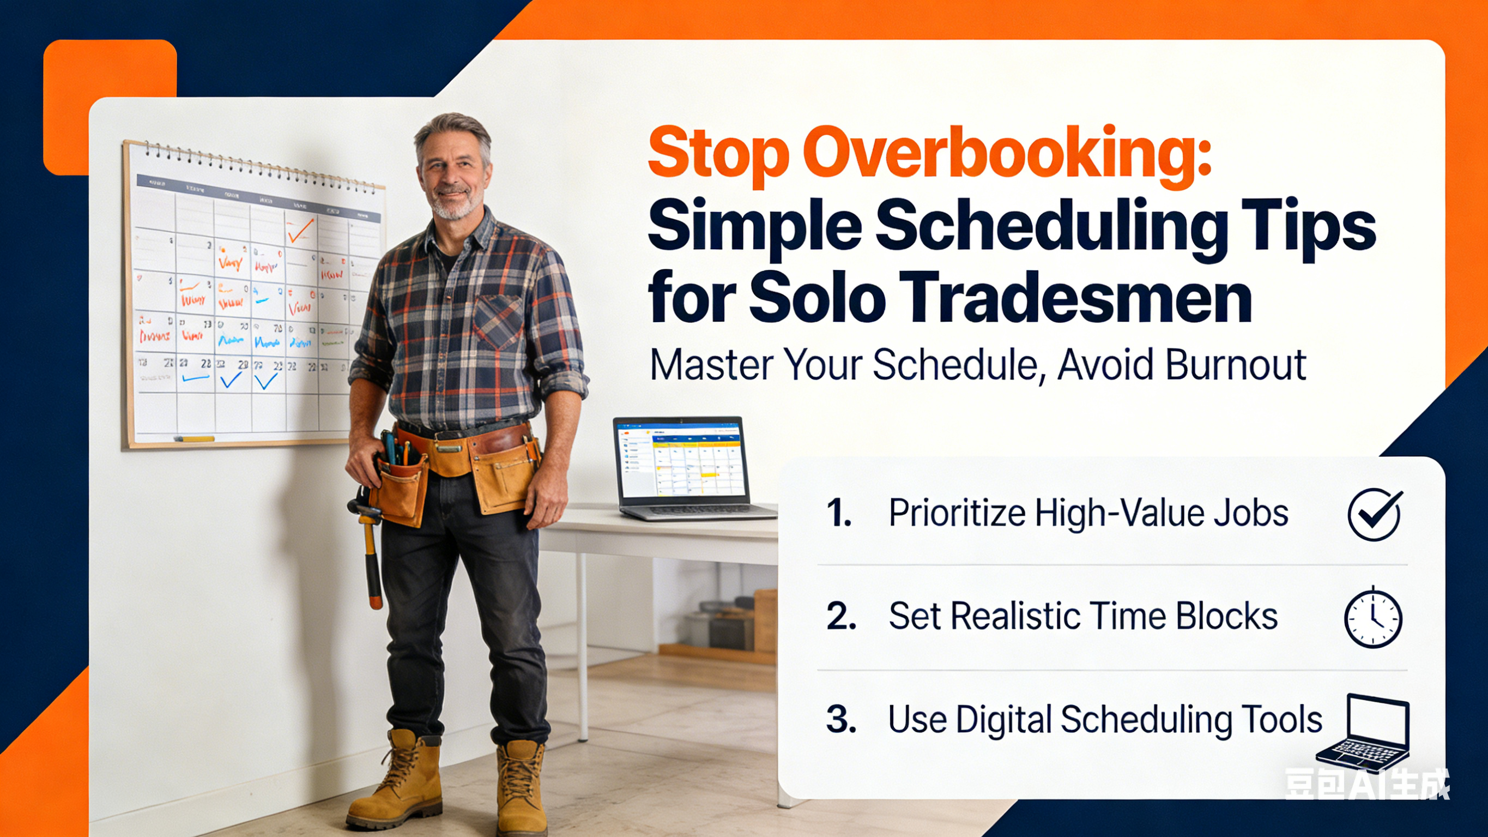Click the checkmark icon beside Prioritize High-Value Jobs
coord(1374,514)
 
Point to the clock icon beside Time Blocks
coord(1373,617)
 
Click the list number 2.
coord(840,617)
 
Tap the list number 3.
coord(840,720)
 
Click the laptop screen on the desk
coord(682,460)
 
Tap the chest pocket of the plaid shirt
coord(498,321)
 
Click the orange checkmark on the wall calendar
coord(300,230)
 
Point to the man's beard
coord(456,205)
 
